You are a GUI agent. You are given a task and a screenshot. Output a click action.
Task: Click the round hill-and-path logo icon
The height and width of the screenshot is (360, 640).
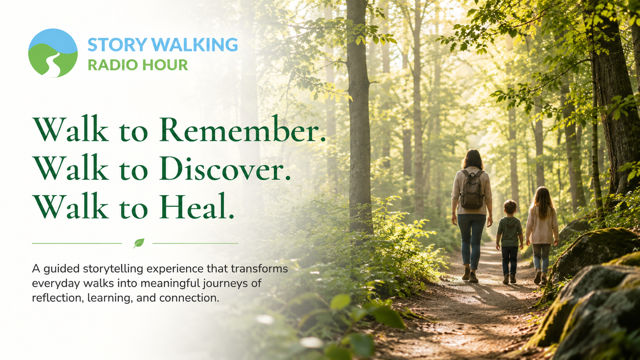point(53,53)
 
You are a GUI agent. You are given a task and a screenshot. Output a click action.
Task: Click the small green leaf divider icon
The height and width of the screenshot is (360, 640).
point(139,243)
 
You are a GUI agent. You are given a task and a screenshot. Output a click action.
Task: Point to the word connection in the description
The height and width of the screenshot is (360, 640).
point(189,298)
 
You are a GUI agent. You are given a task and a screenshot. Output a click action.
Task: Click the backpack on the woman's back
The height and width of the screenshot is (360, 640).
point(472,189)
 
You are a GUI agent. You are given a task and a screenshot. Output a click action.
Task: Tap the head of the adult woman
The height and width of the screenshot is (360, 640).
point(473,159)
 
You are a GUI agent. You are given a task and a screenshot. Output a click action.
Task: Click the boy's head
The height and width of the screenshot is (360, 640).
point(510,208)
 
